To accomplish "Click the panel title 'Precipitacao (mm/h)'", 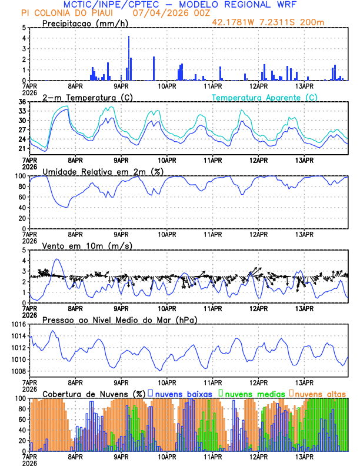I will pos(84,23).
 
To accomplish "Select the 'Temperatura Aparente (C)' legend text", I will pos(265,97).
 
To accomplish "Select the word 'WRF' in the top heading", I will pos(292,5).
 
